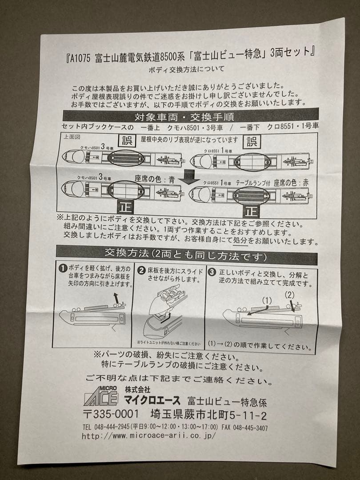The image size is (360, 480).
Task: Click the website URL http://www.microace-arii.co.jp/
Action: tap(148, 436)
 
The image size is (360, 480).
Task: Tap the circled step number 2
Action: tap(141, 270)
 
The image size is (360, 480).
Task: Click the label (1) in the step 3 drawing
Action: tap(266, 301)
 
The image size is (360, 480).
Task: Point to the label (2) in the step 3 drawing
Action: tap(289, 294)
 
